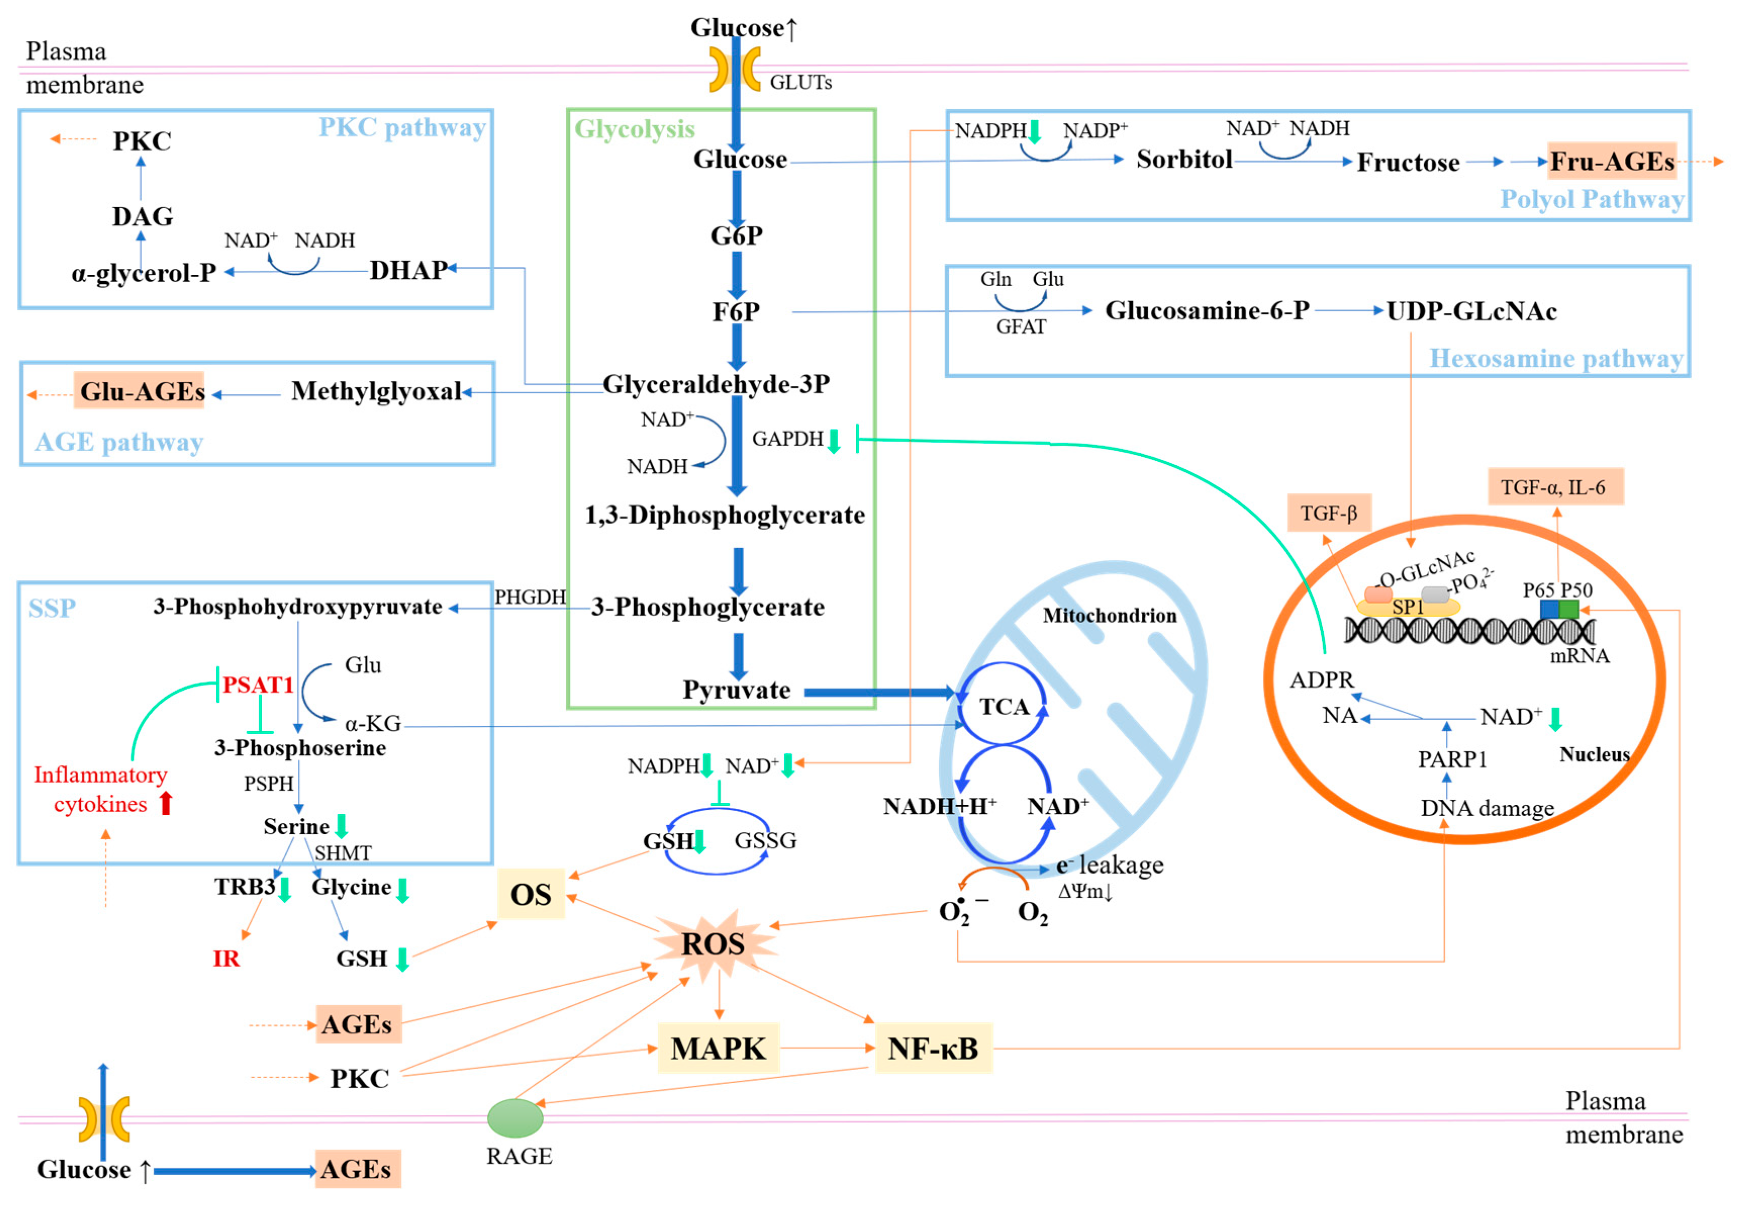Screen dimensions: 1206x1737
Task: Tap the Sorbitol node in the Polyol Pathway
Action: click(x=1183, y=160)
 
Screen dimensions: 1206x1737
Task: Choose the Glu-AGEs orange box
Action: click(x=140, y=392)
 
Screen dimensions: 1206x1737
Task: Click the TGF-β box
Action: click(x=1328, y=514)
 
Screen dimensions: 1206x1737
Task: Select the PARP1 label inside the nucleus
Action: click(x=1452, y=759)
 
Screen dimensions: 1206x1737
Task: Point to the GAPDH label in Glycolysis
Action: click(x=787, y=439)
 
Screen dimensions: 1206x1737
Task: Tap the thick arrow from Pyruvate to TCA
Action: click(x=877, y=693)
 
